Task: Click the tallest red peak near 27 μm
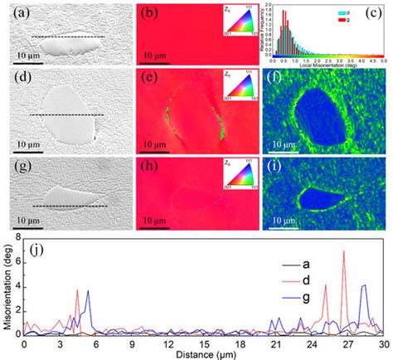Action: [344, 251]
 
